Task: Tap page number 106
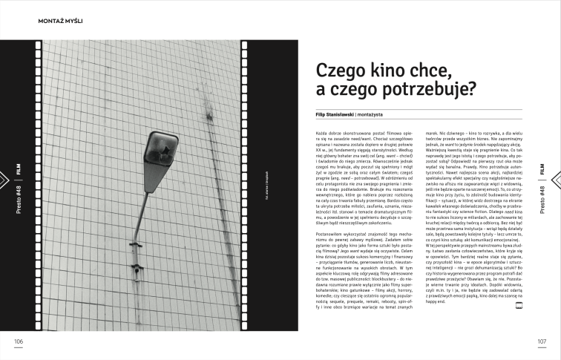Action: [x=19, y=341]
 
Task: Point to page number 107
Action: [x=542, y=341]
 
